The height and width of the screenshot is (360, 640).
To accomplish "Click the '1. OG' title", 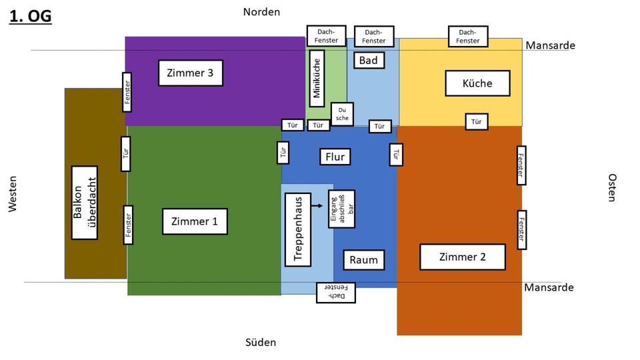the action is click(x=30, y=16).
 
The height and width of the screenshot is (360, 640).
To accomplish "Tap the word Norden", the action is click(x=261, y=12).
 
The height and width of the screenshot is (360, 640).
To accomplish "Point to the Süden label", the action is click(x=261, y=342).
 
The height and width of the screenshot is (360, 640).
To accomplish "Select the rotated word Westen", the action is click(x=13, y=194).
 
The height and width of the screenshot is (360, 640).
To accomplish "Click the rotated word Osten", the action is click(x=612, y=187).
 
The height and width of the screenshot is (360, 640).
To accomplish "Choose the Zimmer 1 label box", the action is click(x=195, y=221).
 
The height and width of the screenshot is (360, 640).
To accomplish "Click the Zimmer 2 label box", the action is click(x=463, y=257).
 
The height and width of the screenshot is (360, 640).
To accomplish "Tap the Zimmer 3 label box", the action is click(x=190, y=73).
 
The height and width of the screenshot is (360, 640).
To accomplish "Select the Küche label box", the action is click(x=477, y=83).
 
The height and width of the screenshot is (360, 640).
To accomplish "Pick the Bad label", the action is click(x=369, y=60).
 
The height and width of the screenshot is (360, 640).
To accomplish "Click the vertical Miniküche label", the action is click(x=317, y=78).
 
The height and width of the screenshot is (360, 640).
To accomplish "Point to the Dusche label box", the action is click(x=342, y=114).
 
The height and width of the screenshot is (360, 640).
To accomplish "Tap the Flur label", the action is click(x=335, y=157).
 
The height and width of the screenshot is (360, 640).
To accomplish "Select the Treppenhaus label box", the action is click(x=298, y=229).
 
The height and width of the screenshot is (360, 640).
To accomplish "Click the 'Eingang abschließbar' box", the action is click(x=341, y=209).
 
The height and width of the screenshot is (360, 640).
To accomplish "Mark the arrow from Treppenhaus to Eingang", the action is click(x=317, y=206).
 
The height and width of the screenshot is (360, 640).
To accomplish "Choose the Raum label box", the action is click(x=364, y=260).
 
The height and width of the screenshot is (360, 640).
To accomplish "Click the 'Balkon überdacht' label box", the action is click(x=85, y=203).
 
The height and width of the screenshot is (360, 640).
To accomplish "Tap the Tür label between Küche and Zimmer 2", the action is click(x=476, y=121).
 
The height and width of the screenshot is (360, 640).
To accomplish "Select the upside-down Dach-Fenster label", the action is click(x=335, y=292).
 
